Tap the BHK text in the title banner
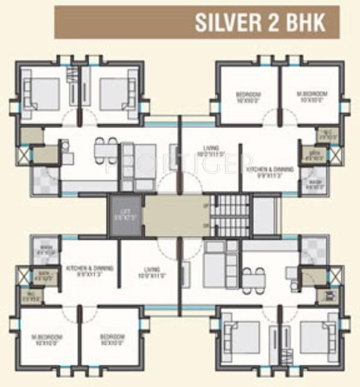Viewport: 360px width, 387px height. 306,22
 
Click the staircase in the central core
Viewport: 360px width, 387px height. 232,216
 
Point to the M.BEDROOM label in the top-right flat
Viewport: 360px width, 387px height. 312,94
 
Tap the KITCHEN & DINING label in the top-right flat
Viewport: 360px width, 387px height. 270,170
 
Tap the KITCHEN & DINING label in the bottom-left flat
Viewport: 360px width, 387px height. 89,269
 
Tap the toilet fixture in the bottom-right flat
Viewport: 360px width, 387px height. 329,296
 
